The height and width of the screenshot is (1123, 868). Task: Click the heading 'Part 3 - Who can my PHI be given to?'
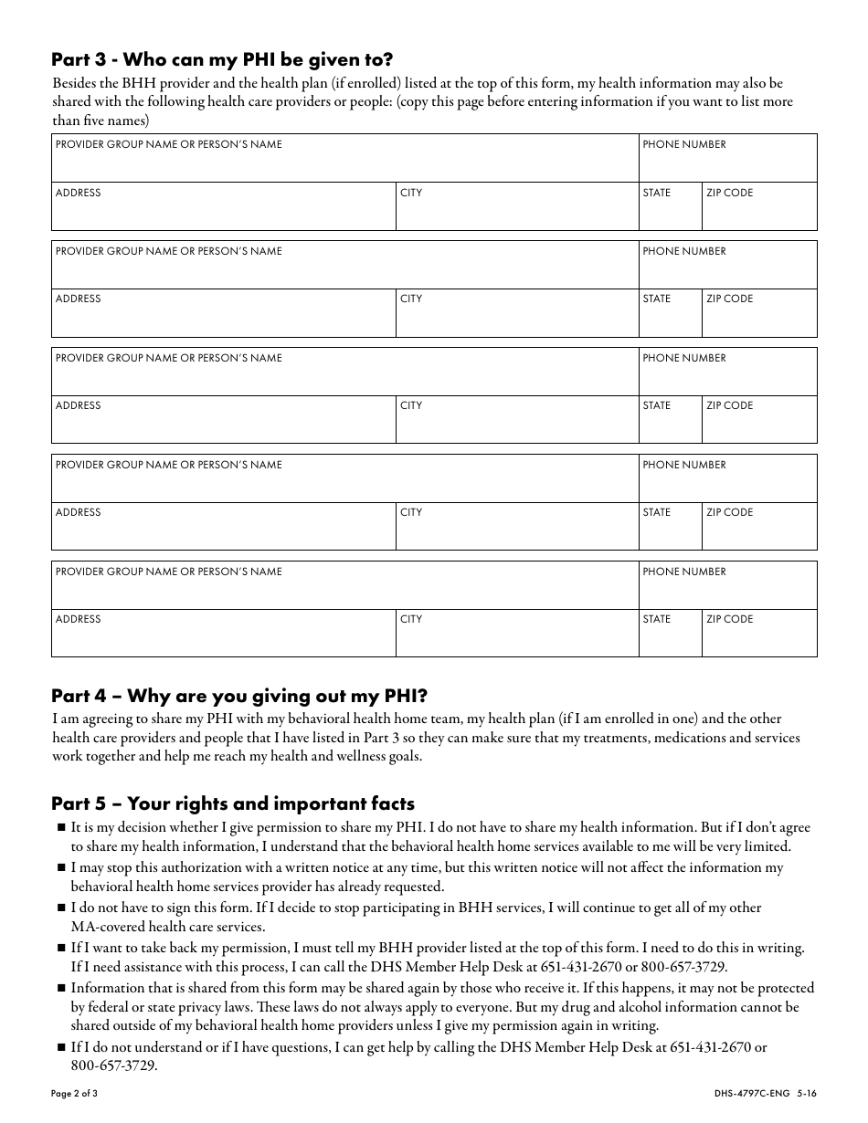coord(222,60)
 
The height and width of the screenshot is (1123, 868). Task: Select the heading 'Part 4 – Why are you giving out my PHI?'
coord(239,697)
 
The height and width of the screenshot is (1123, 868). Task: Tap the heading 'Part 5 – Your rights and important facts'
coord(233,803)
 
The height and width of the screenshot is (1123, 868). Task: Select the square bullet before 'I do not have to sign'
coord(61,908)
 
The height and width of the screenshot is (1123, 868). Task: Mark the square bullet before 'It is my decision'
coord(61,828)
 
